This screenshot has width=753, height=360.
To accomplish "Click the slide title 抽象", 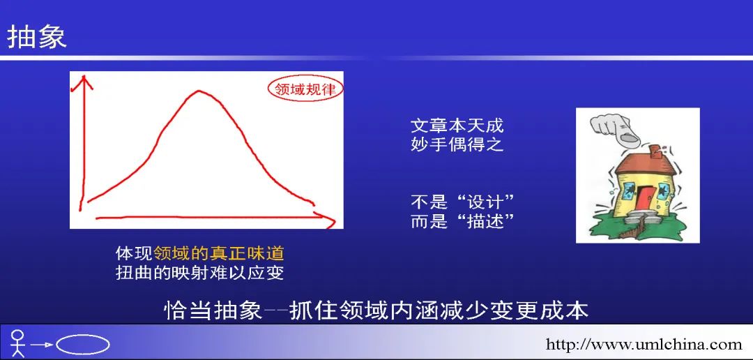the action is click(36, 38).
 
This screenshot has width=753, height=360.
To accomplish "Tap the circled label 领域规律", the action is click(305, 89).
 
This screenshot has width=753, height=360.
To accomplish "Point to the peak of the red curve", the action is click(198, 91).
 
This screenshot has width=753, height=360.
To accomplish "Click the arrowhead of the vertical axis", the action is click(86, 82).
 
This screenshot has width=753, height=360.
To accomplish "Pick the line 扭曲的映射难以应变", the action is click(200, 273).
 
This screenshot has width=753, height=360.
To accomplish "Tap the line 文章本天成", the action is click(457, 126).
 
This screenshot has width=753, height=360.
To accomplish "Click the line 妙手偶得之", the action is click(457, 144).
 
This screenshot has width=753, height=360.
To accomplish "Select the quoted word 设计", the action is click(485, 202).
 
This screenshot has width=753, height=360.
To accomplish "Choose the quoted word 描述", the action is click(485, 222).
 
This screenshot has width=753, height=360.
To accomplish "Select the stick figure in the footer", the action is click(17, 343).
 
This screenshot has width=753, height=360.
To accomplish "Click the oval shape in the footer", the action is click(83, 344).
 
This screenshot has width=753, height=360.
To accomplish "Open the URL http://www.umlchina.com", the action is click(644, 344).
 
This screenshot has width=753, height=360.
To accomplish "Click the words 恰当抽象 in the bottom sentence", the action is click(213, 311).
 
